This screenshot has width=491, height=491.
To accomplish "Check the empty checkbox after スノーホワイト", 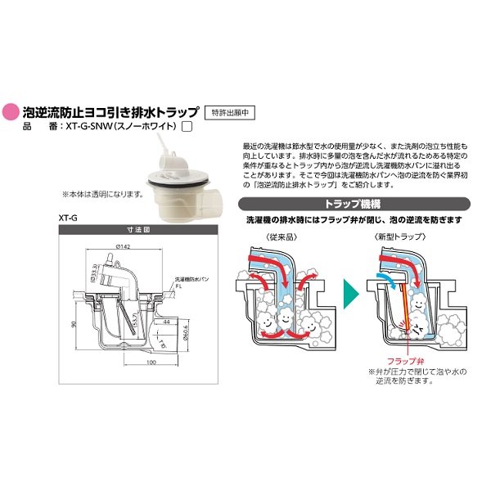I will pyautogui.click(x=187, y=127).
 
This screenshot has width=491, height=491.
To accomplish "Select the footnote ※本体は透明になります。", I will pyautogui.click(x=101, y=195).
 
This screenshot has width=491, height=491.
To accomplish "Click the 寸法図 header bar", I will pyautogui.click(x=133, y=230).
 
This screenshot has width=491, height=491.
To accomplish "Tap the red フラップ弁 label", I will pyautogui.click(x=399, y=360).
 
